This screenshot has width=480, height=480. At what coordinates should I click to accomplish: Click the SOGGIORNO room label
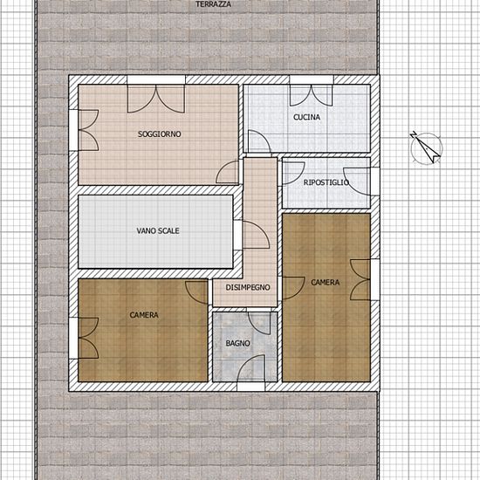coord(159,134)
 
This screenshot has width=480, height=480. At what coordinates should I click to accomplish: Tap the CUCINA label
coord(306,117)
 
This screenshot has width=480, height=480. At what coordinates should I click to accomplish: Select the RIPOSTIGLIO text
coord(326,182)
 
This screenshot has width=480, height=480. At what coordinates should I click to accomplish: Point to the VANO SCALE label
coord(158,230)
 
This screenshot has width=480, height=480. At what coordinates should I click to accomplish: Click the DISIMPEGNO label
coord(248,287)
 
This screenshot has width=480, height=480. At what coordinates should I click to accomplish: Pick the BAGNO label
coord(238,344)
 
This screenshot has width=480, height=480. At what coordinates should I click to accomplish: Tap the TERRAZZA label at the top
coord(213,4)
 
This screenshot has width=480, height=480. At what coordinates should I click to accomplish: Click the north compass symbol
coord(426,147)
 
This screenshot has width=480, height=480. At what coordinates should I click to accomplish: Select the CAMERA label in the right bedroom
coord(326,282)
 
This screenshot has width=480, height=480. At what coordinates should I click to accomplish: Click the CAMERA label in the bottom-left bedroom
coord(144,315)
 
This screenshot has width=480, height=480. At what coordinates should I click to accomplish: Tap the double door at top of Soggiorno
coord(156,99)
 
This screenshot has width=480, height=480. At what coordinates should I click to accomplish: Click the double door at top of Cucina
coord(312,95)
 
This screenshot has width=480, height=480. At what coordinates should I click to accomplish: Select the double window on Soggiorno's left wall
coord(88,130)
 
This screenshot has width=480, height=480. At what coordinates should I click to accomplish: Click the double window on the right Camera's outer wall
coord(360,280)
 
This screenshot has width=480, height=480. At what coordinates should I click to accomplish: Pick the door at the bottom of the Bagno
coord(251,368)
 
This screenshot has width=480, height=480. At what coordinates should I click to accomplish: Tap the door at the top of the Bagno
coord(259,323)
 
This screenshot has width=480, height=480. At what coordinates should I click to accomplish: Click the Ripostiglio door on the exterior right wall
coord(357,182)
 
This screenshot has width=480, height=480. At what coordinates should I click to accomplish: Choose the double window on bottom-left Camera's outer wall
coord(88,338)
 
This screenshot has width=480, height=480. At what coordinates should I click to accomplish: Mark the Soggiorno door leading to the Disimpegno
coord(227,172)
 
